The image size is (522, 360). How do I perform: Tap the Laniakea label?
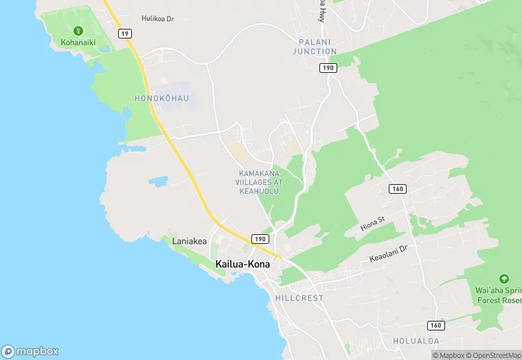189,241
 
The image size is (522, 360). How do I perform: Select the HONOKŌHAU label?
161,99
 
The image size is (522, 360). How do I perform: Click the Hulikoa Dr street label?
158,19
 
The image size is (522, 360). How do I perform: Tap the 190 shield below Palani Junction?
328,67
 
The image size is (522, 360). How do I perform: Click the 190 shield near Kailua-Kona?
260,238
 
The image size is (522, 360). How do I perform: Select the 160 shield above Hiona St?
397,189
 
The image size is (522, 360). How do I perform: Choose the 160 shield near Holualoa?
435,324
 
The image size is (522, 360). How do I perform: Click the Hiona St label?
374,222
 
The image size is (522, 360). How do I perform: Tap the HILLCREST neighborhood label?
299,299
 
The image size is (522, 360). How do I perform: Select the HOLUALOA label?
416,341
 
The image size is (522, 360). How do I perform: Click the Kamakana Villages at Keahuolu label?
260,182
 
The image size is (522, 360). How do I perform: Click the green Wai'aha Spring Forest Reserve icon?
504,279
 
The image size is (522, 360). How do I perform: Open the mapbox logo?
30,351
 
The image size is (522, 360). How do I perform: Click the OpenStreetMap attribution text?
494,355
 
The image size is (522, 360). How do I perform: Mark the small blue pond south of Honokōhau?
158,182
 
